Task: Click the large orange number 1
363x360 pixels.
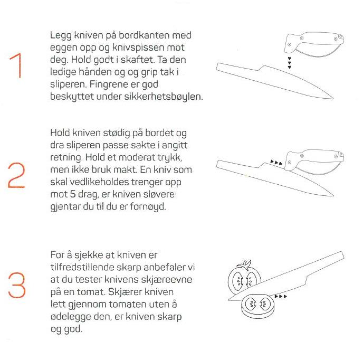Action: click(16, 66)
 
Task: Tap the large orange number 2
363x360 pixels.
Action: click(17, 175)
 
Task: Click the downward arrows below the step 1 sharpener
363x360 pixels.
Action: click(289, 63)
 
